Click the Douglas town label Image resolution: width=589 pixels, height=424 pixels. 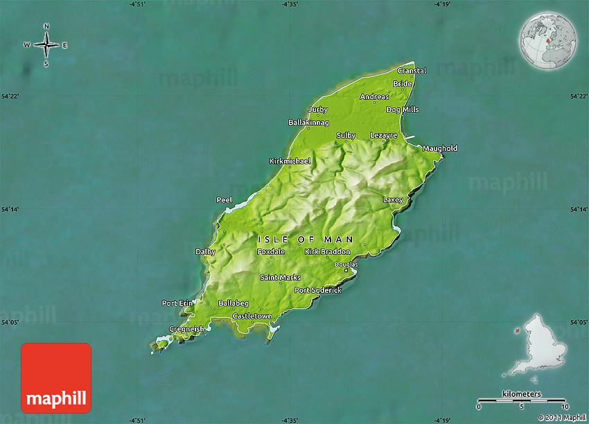pos(346,264)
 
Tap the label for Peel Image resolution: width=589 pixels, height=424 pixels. pos(224,200)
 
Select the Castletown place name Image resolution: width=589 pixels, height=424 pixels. pos(252,316)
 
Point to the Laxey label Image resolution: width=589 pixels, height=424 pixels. pos(393,200)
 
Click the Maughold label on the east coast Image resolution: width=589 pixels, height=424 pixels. pos(440,148)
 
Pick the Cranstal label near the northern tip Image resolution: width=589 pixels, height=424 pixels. pos(412,71)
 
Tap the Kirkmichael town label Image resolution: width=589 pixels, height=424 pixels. pos(290,161)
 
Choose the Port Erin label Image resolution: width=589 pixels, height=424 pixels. pos(177,303)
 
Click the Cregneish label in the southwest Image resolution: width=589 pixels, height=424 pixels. pos(187,329)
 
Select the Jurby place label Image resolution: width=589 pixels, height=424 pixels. pos(318,109)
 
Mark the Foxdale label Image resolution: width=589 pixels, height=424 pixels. pos(271,251)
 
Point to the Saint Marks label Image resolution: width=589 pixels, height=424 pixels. pos(280,277)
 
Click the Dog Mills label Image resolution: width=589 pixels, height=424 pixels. pos(403,109)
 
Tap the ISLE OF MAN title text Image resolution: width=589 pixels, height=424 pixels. pos(306,239)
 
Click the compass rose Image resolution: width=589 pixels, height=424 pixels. pos(46,46)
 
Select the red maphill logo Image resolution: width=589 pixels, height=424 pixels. pos(56,378)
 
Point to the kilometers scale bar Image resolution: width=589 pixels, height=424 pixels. pos(522,400)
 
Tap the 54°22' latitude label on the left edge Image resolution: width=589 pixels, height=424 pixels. pos(10,96)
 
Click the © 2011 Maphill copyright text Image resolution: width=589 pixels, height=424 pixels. pos(561,417)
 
